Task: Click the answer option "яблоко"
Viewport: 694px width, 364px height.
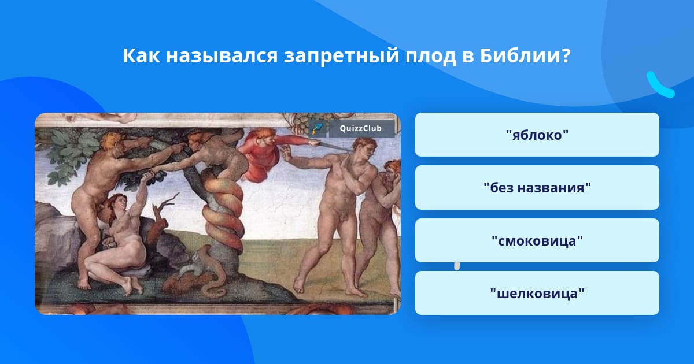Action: point(537,135)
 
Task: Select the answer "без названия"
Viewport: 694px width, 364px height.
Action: point(537,188)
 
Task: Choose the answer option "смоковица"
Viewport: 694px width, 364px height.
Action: point(537,240)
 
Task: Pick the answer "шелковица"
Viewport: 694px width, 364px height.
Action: point(537,293)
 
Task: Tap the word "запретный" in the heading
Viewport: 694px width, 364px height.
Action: point(341,57)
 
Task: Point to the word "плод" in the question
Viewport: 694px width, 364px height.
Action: point(431,57)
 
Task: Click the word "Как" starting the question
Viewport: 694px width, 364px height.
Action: point(142,55)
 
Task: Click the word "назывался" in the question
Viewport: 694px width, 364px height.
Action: point(222,57)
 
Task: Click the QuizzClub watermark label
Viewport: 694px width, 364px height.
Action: point(361,128)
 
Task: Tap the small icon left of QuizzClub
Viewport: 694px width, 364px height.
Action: point(318,128)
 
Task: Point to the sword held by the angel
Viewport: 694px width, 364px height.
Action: point(333,146)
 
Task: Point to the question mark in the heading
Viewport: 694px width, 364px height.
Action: point(566,55)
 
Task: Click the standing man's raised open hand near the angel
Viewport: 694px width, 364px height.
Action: point(286,153)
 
